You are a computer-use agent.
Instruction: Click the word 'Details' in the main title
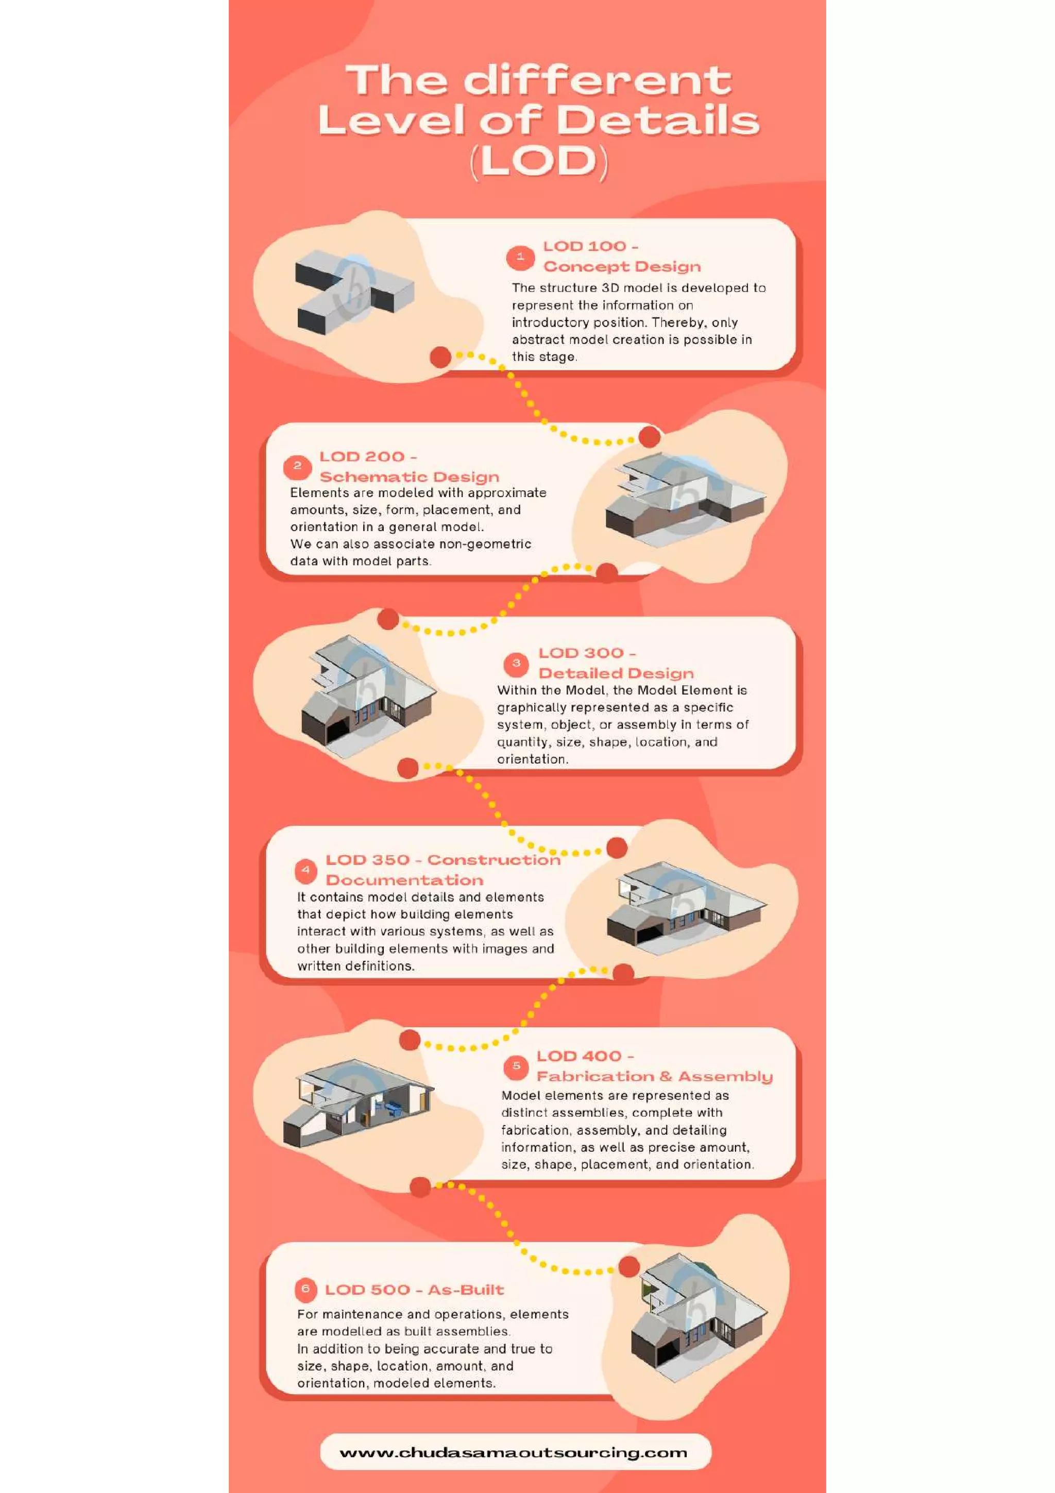pos(657,121)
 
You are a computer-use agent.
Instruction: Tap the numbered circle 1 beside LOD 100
pos(520,258)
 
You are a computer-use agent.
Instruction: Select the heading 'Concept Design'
pos(622,267)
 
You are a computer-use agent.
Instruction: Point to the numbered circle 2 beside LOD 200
pos(297,466)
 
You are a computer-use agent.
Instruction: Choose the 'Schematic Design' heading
pos(410,477)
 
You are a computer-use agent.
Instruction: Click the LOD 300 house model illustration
pos(367,696)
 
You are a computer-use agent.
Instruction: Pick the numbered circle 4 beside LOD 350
pos(305,870)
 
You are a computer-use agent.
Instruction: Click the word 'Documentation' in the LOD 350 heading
pos(404,880)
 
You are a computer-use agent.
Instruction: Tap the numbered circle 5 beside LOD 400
pos(516,1066)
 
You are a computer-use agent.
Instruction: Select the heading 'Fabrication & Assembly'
pos(654,1076)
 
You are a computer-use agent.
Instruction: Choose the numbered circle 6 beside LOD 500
pos(305,1289)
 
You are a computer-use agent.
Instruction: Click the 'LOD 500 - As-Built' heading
pos(414,1290)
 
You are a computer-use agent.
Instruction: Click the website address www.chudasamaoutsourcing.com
pos(513,1452)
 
